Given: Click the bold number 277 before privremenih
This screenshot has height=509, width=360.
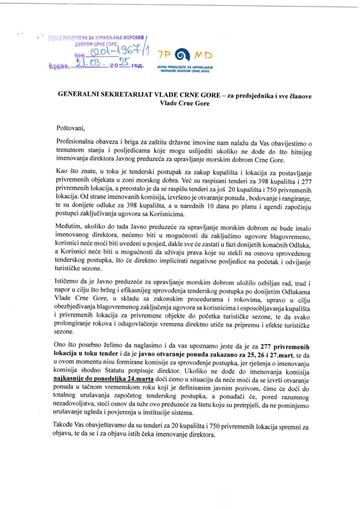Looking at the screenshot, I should [x=266, y=347].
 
